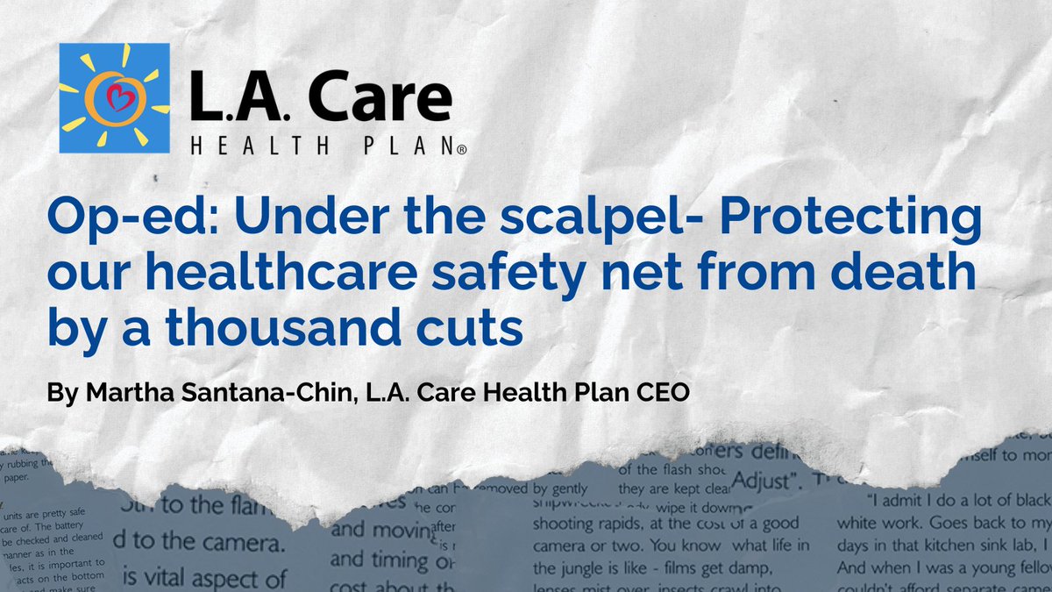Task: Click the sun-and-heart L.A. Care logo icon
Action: [x=115, y=97]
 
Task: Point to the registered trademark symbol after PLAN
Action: [x=461, y=151]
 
